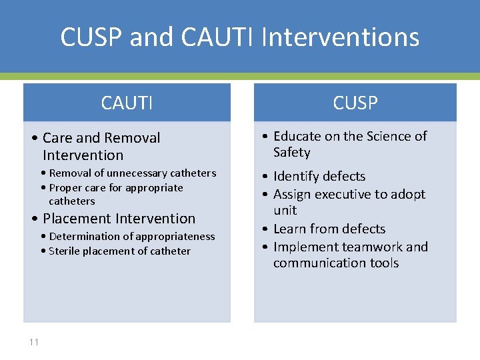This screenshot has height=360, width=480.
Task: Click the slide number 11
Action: tap(34, 342)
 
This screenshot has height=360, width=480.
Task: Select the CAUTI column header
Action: tap(127, 103)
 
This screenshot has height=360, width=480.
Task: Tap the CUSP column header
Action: tap(355, 103)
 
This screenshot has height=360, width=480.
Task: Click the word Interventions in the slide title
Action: tap(340, 37)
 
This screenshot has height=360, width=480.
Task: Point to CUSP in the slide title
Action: tap(92, 37)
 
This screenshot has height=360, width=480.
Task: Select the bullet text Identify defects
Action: tap(319, 176)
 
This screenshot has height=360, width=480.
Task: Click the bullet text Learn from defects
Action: tap(329, 229)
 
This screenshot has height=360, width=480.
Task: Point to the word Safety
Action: tap(291, 153)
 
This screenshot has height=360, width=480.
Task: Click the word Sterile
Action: tap(66, 251)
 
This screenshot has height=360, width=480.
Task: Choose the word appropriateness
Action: tap(175, 237)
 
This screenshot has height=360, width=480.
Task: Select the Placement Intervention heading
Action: tap(119, 219)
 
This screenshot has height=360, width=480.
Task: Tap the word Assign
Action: tap(293, 194)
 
